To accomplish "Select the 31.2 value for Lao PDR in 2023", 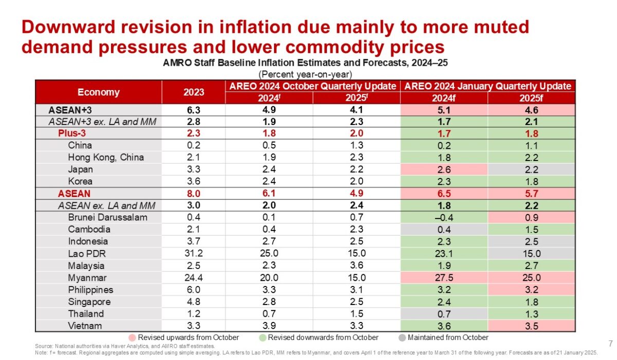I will tap(193, 254).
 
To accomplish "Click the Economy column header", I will tap(98, 92).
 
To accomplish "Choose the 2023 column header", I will tap(193, 92).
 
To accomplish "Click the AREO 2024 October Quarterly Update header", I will tap(312, 86).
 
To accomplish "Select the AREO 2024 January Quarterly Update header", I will tap(488, 86).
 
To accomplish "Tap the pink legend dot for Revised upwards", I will tap(132, 338).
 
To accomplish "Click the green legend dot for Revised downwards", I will tap(262, 338).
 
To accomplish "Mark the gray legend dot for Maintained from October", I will tap(402, 338).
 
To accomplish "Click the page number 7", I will tap(610, 343).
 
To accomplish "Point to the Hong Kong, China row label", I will tap(106, 157).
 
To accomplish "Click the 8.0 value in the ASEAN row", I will tap(193, 193).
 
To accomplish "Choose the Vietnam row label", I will tap(85, 326).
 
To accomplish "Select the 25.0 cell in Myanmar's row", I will tap(530, 278).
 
